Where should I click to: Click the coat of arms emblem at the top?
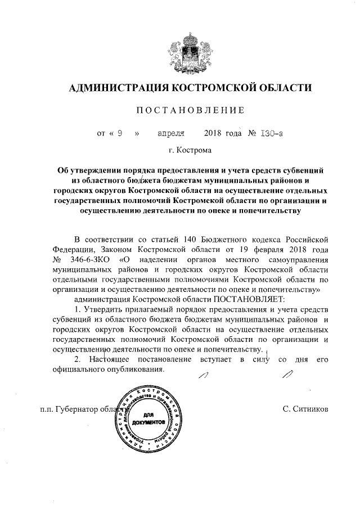pyautogui.click(x=189, y=49)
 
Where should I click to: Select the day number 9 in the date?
pyautogui.click(x=119, y=134)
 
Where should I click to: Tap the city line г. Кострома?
pyautogui.click(x=189, y=151)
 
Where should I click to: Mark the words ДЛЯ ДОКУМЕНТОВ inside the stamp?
pyautogui.click(x=149, y=417)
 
